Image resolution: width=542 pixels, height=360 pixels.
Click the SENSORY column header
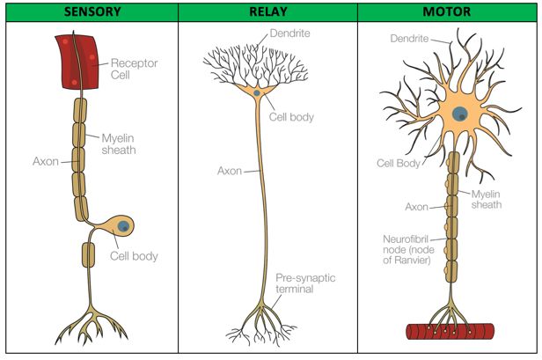click(89, 11)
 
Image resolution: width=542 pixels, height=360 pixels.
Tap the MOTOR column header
click(448, 11)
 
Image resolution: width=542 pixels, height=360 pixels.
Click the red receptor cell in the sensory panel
click(78, 62)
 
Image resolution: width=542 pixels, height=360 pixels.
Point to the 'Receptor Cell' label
click(133, 70)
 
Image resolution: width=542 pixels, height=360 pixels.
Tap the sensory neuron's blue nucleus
click(125, 226)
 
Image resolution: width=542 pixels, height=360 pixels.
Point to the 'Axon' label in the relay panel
click(230, 170)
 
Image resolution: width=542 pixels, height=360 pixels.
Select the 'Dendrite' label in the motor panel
click(410, 40)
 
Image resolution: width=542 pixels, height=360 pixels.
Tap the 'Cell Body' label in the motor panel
click(397, 163)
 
